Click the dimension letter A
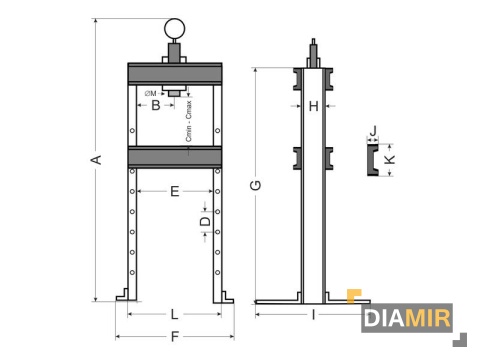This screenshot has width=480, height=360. tap(97, 159)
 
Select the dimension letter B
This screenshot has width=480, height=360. tap(155, 105)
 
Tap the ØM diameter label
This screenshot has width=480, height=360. tap(151, 93)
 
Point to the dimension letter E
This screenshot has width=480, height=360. tap(174, 190)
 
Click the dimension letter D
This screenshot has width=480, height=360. tap(205, 221)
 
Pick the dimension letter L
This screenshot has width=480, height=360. tap(174, 314)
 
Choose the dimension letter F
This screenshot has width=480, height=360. tap(174, 337)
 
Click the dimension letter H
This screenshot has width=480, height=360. tap(314, 105)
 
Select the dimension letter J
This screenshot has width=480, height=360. tap(372, 130)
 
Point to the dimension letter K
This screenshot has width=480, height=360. tap(391, 159)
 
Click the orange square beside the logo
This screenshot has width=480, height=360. tap(352, 296)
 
